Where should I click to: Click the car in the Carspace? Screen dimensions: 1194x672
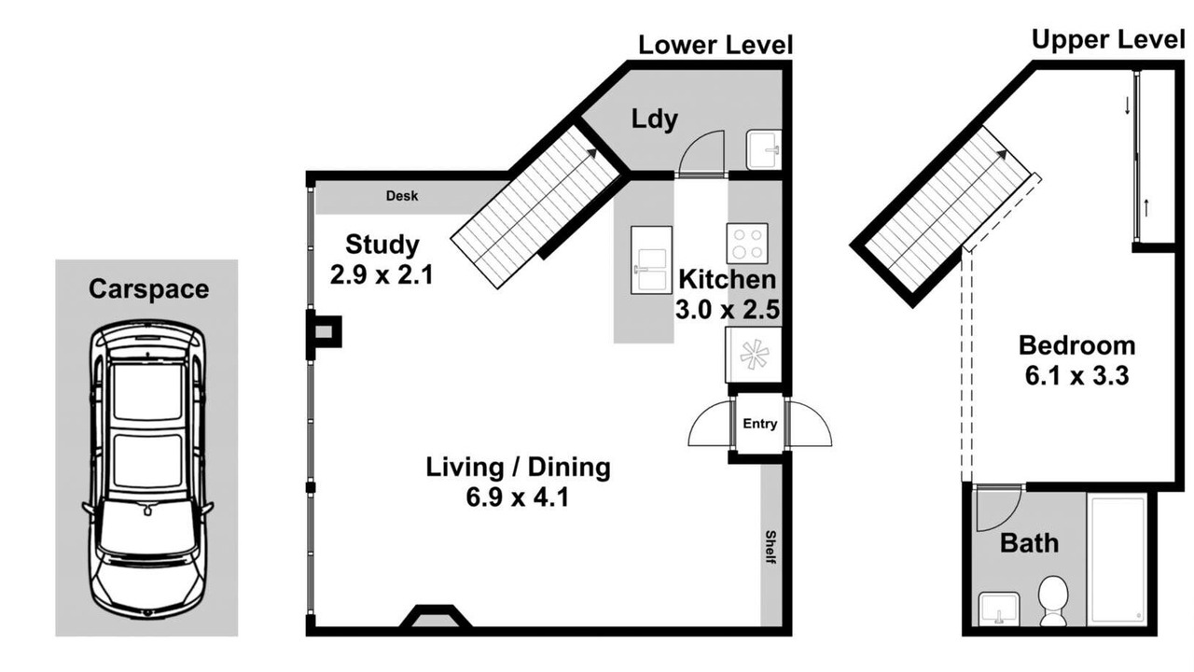(x=146, y=469)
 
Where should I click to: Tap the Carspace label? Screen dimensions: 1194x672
(x=148, y=289)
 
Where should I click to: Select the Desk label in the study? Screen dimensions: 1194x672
(x=402, y=196)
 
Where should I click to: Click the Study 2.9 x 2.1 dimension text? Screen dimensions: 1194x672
(x=382, y=275)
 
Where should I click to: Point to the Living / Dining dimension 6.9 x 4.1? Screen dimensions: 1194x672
(x=518, y=497)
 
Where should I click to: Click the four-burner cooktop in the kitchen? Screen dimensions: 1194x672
(x=747, y=244)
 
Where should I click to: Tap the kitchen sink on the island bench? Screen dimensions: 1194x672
(x=651, y=259)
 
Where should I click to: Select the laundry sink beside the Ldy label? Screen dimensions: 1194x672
(x=764, y=150)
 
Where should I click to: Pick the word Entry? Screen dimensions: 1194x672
(x=760, y=424)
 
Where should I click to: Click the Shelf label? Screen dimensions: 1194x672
(x=771, y=547)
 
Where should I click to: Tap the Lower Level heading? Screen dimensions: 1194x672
(x=715, y=45)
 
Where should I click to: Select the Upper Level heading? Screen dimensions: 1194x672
(x=1108, y=40)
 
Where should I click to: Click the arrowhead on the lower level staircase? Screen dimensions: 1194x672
(x=591, y=153)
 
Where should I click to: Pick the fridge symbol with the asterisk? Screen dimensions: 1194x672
(x=753, y=355)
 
